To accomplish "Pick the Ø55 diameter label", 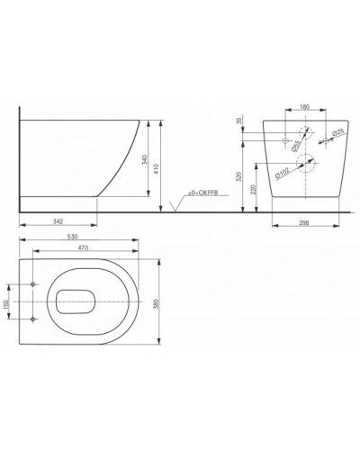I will tap(283, 141).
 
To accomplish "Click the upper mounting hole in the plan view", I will tap(33, 283).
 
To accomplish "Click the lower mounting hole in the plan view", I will tap(33, 319).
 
